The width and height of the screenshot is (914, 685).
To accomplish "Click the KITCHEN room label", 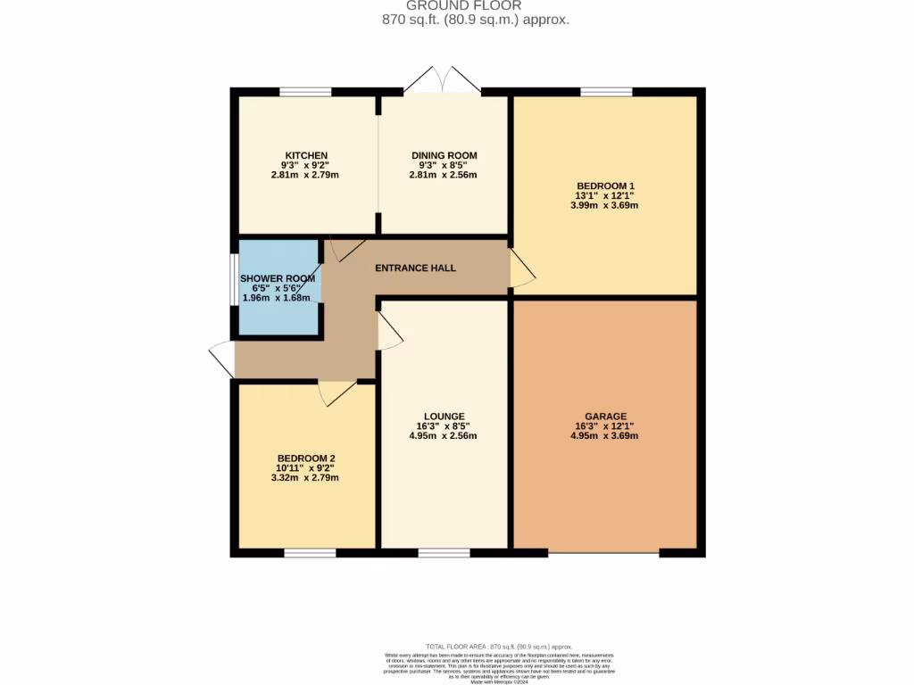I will (306, 156).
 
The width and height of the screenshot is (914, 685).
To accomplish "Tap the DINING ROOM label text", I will (444, 156).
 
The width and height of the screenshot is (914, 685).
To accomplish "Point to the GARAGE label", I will (605, 417).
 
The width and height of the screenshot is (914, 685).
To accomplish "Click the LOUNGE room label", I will (444, 417).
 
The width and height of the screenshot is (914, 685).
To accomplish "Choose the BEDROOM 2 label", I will (304, 458).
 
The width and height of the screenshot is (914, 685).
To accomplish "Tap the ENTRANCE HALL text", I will (415, 268).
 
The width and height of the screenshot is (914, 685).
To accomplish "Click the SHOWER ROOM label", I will (278, 279).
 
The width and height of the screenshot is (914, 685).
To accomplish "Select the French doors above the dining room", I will (442, 80).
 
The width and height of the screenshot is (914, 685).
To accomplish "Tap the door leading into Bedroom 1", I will (521, 268).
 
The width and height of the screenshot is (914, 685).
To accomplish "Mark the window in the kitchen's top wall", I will (305, 91).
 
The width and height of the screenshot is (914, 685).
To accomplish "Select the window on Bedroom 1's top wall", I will (606, 91).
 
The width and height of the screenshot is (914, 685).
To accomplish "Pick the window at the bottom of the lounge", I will (444, 553).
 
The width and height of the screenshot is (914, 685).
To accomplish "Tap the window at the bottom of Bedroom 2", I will (310, 553).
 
